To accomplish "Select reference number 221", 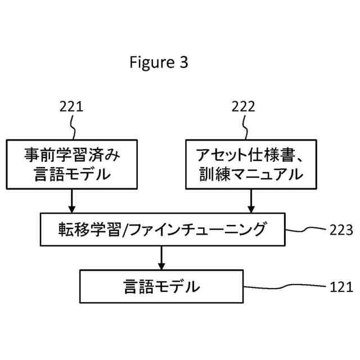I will coord(71,107).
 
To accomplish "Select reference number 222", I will coord(243,107).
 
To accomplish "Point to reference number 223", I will coord(341,229).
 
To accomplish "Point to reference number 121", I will coord(341,287).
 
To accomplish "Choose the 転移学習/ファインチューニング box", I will coord(161,229).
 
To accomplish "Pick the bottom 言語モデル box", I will coord(161,286).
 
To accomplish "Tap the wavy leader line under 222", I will coord(245,127).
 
